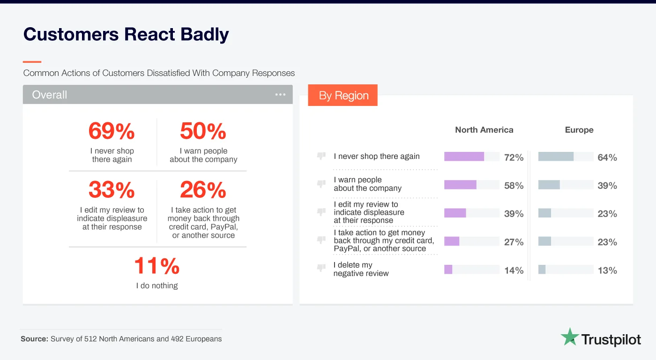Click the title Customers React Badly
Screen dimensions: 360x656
126,35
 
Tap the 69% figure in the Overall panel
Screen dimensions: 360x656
112,131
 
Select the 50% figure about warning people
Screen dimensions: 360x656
203,131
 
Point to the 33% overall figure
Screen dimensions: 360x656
112,190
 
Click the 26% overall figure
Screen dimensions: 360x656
203,190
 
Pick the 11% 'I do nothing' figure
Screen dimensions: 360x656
157,266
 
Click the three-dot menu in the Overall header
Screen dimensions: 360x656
280,95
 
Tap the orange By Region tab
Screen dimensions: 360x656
343,96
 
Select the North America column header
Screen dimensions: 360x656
484,130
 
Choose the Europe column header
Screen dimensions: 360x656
579,130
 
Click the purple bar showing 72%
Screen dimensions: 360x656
464,157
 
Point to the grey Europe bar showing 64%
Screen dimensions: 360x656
556,157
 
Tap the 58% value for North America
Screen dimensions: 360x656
514,186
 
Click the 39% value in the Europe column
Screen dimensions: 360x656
607,186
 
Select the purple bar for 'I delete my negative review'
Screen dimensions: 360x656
448,270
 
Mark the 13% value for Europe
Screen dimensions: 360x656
607,270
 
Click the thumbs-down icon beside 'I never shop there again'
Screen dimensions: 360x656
321,156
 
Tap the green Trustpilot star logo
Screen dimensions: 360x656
570,337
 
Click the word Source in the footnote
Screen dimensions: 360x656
34,338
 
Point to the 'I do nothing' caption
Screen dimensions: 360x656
157,285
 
